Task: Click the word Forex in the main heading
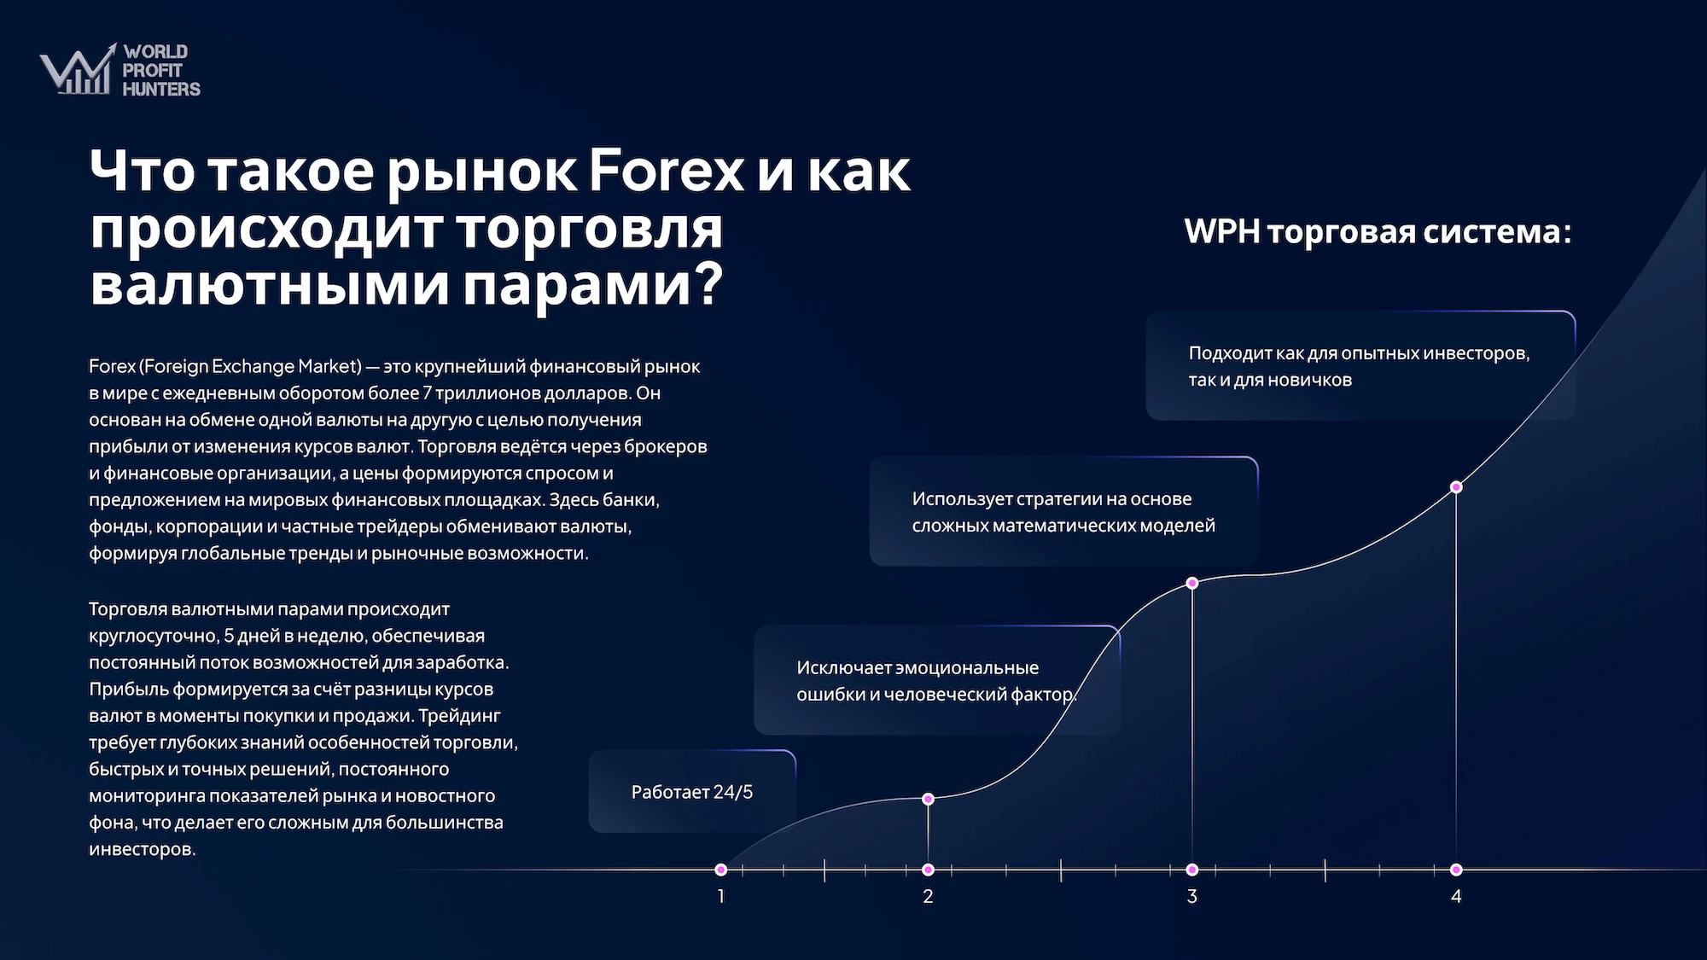(x=667, y=171)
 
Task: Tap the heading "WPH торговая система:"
(x=1378, y=232)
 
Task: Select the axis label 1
(x=721, y=896)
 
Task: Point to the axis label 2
(x=928, y=896)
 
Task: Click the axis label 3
(x=1192, y=896)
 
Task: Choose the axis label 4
(x=1456, y=896)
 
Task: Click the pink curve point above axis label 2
(x=928, y=799)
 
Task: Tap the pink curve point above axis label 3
(x=1192, y=583)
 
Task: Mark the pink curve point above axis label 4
(x=1456, y=487)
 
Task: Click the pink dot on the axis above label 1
(x=721, y=870)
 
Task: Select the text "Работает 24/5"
(x=692, y=792)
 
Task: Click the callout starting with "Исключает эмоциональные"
(x=937, y=680)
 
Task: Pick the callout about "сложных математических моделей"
(x=1063, y=511)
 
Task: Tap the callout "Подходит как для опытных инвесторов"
(x=1360, y=365)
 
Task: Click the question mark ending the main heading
(x=707, y=283)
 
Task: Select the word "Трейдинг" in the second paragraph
(x=459, y=716)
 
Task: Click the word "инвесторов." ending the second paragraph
(x=143, y=849)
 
